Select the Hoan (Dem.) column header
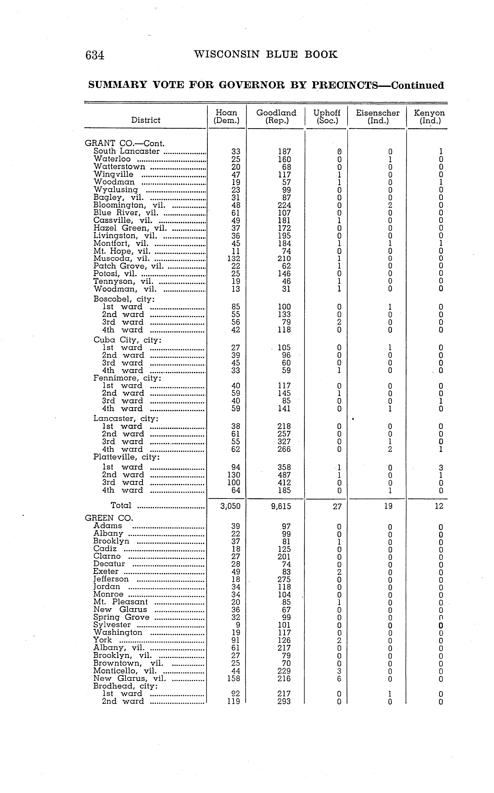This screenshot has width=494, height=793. (226, 117)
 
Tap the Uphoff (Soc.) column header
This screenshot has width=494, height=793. (327, 117)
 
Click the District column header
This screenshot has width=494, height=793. (146, 120)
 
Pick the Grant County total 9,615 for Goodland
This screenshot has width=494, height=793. (281, 506)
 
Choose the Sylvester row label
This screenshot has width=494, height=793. (112, 625)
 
